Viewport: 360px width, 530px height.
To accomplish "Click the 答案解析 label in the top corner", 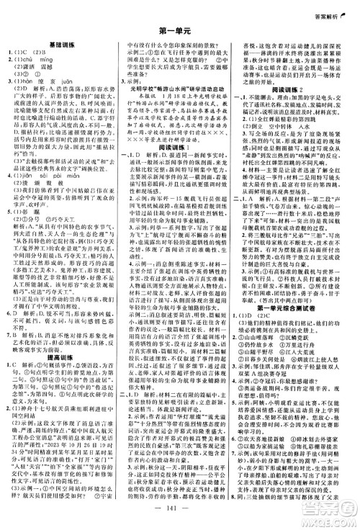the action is point(330,7).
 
